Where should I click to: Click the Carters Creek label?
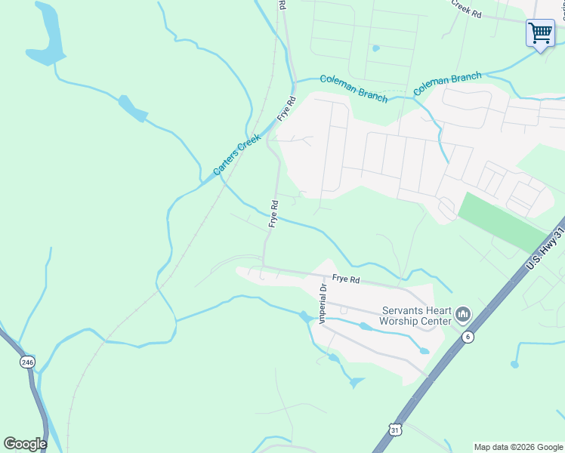237,154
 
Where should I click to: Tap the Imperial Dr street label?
323,301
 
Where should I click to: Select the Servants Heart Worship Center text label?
416,316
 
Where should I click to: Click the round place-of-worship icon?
463,313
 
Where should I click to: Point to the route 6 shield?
469,337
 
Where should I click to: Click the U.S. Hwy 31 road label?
545,249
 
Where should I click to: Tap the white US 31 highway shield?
395,430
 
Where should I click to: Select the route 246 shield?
27,362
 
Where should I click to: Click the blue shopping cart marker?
540,33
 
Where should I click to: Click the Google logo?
25,444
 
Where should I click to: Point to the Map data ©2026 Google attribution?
518,447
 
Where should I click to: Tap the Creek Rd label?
466,8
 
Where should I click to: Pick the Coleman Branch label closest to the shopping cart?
447,83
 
